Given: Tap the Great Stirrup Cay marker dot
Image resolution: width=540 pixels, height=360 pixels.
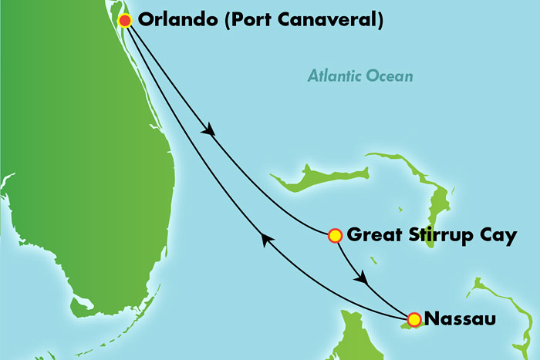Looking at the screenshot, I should point(335,236).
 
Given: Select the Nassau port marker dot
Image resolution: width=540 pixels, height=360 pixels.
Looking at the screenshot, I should point(414,319).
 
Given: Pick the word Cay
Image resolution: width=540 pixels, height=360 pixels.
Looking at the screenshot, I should point(498,236).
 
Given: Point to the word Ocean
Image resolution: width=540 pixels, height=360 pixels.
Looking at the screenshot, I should point(391,76).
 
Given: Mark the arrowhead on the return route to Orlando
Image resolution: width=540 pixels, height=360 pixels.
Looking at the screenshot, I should point(266,241).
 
